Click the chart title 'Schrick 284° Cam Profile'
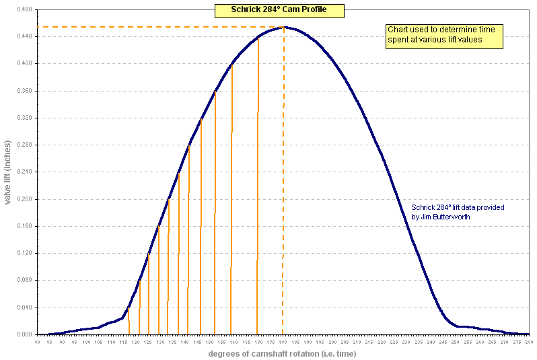coord(279,10)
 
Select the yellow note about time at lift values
coord(444,36)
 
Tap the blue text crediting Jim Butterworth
coord(458,212)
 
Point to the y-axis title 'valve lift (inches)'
coord(7,172)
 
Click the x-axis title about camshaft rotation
coord(282,353)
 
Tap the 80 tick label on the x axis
coord(38,343)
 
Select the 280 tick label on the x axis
coord(529,343)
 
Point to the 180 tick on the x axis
coord(283,343)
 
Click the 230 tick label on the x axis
coord(406,343)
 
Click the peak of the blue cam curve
coord(285,28)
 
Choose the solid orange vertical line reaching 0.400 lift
coord(231,202)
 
